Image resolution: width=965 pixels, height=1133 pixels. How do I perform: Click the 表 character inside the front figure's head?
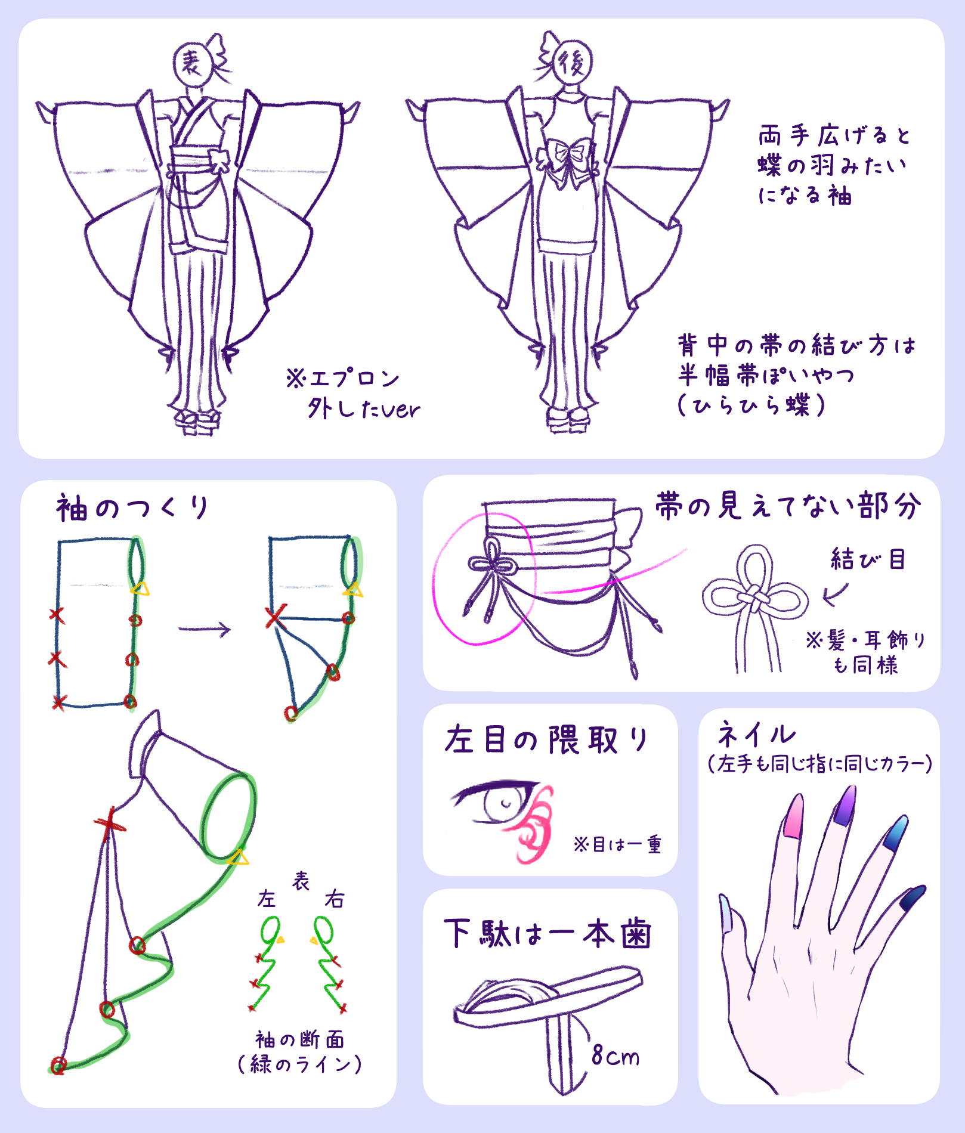[x=191, y=63]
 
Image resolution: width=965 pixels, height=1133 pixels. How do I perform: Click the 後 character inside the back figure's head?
[x=571, y=63]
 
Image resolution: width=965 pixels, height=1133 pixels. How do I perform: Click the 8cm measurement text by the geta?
[x=615, y=1056]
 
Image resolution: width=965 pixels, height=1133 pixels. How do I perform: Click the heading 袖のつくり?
[x=132, y=509]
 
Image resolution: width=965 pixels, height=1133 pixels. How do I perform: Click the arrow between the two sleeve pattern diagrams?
[x=205, y=629]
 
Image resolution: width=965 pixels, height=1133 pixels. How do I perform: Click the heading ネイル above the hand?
[x=756, y=735]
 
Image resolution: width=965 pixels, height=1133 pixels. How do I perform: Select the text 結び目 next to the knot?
[x=868, y=559]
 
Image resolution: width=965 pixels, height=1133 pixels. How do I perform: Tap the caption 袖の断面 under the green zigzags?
[x=299, y=1039]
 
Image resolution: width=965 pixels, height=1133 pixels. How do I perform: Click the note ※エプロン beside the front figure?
[x=342, y=378]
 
